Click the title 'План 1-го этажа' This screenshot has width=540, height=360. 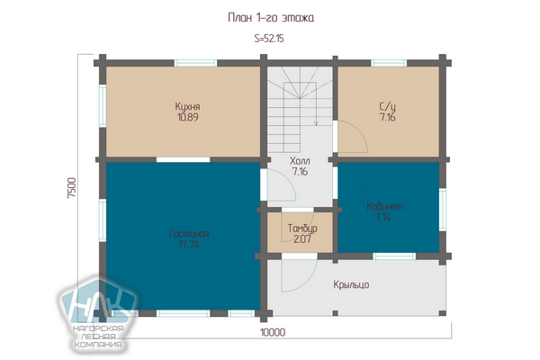[271, 18]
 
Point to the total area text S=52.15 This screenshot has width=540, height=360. [269, 38]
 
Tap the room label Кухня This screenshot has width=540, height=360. [188, 106]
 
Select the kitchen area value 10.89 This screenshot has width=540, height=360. [188, 117]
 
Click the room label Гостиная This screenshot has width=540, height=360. [189, 234]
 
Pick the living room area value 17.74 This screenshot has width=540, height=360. [189, 245]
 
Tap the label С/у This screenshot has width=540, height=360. [387, 106]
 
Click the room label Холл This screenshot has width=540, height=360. [300, 160]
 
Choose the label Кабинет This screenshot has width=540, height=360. [384, 206]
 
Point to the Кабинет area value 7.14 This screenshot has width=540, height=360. [383, 217]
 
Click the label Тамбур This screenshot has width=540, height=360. [302, 228]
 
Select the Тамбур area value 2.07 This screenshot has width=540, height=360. [302, 238]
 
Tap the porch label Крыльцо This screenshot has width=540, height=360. [351, 284]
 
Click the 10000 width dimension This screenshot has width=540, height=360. [273, 332]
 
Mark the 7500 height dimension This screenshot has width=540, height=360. [71, 188]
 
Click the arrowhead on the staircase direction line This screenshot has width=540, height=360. [317, 123]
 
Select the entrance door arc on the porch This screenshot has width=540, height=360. [308, 279]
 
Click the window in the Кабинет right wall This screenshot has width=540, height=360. [443, 210]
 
